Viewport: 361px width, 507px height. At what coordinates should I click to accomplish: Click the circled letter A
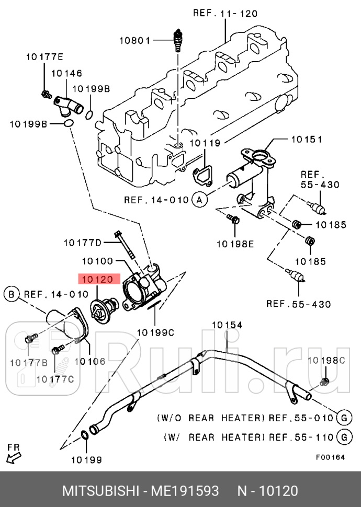coord(199,199)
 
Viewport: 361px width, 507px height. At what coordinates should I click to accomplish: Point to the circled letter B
coord(11,294)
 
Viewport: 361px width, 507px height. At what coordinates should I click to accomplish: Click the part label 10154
coord(227,325)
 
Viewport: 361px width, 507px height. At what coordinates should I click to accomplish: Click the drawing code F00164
coord(330,457)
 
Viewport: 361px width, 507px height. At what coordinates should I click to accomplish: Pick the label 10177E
coord(44,57)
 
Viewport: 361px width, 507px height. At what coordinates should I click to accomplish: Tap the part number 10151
coord(306,140)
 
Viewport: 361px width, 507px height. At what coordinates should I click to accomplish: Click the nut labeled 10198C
coord(324,381)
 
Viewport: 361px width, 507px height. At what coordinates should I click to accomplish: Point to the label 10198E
coord(235,243)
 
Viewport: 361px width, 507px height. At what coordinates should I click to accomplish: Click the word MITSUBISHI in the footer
coord(99,491)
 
